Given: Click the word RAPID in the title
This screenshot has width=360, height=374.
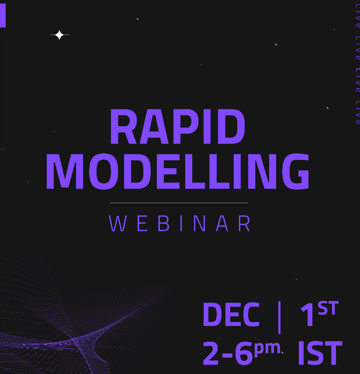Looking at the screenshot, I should click(177, 128).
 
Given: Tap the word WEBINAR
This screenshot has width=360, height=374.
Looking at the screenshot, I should click(180, 224).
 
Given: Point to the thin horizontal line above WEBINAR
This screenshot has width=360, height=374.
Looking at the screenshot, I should click(179, 203).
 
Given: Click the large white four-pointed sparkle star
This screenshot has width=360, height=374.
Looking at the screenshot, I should click(59, 35).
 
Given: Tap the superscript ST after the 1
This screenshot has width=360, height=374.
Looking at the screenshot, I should click(328, 309).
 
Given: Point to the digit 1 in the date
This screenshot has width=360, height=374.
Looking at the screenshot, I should click(308, 315).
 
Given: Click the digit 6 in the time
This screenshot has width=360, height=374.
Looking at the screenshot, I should click(243, 353).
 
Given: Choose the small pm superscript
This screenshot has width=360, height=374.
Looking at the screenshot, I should click(267, 348).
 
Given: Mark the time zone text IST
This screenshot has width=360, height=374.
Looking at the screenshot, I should click(319, 353).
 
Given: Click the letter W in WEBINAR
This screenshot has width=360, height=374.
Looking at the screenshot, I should click(117, 224).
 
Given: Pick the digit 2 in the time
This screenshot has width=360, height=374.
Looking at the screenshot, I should click(211, 353).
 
